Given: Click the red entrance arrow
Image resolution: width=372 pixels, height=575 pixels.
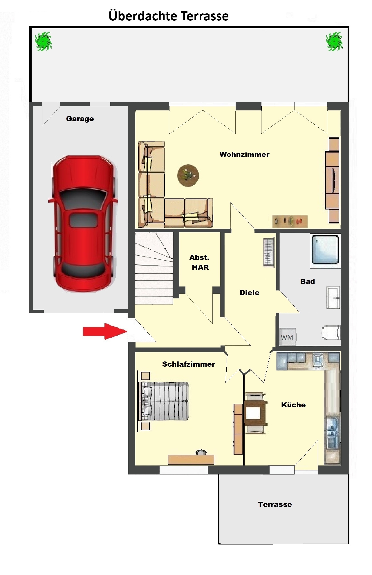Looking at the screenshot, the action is pyautogui.click(x=105, y=331).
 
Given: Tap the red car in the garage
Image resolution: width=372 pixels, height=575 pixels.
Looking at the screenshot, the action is pyautogui.click(x=83, y=224).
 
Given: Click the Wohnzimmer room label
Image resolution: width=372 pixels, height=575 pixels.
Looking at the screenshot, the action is pyautogui.click(x=244, y=154).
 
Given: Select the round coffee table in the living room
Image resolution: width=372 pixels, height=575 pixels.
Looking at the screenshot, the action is pyautogui.click(x=188, y=175).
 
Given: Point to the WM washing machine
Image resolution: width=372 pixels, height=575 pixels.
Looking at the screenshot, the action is pyautogui.click(x=287, y=337).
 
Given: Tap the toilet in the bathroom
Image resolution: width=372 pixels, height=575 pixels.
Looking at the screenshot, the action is pyautogui.click(x=331, y=333).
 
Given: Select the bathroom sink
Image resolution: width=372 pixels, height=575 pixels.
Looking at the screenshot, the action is pyautogui.click(x=333, y=298).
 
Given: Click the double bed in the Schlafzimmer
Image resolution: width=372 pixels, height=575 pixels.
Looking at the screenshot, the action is pyautogui.click(x=165, y=401).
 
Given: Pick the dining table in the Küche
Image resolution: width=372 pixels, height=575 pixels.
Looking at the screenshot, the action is pyautogui.click(x=255, y=413).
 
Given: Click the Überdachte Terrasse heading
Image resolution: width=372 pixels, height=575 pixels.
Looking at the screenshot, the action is pyautogui.click(x=169, y=16).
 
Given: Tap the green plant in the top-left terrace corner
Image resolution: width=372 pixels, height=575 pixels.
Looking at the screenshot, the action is pyautogui.click(x=44, y=42).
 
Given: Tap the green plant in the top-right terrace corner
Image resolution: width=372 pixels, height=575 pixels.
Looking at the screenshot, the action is pyautogui.click(x=334, y=42).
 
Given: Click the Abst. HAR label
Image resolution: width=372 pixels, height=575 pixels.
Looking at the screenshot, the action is pyautogui.click(x=200, y=262).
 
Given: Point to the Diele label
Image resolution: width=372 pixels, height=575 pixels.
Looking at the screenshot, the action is pyautogui.click(x=250, y=293).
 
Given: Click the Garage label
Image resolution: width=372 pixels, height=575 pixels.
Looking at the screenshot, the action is pyautogui.click(x=80, y=119).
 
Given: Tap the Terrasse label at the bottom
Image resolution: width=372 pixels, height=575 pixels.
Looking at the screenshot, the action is pyautogui.click(x=275, y=504).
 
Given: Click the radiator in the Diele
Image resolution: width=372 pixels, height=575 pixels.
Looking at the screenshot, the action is pyautogui.click(x=269, y=252).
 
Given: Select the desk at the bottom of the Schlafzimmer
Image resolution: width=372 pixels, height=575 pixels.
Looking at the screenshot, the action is pyautogui.click(x=191, y=459).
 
